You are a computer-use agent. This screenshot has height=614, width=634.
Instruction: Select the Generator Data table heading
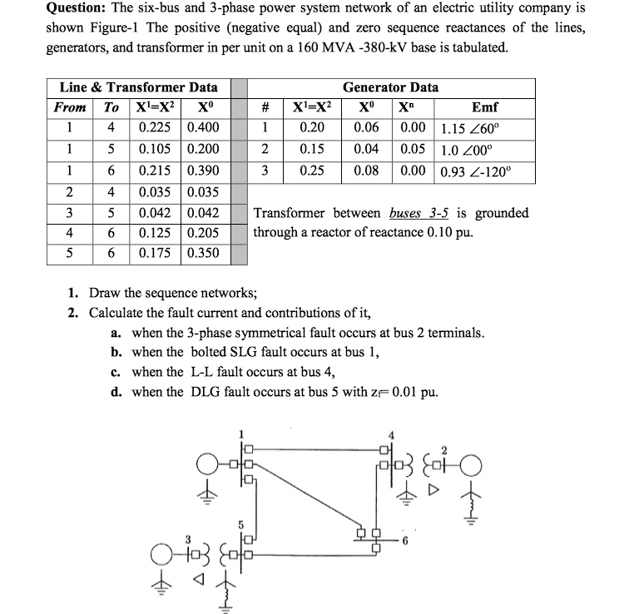click(390, 87)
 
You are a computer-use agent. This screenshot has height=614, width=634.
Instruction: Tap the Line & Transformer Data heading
click(139, 87)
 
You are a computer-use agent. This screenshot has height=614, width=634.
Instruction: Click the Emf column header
click(484, 107)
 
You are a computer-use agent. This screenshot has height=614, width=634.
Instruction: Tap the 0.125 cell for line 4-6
click(156, 232)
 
